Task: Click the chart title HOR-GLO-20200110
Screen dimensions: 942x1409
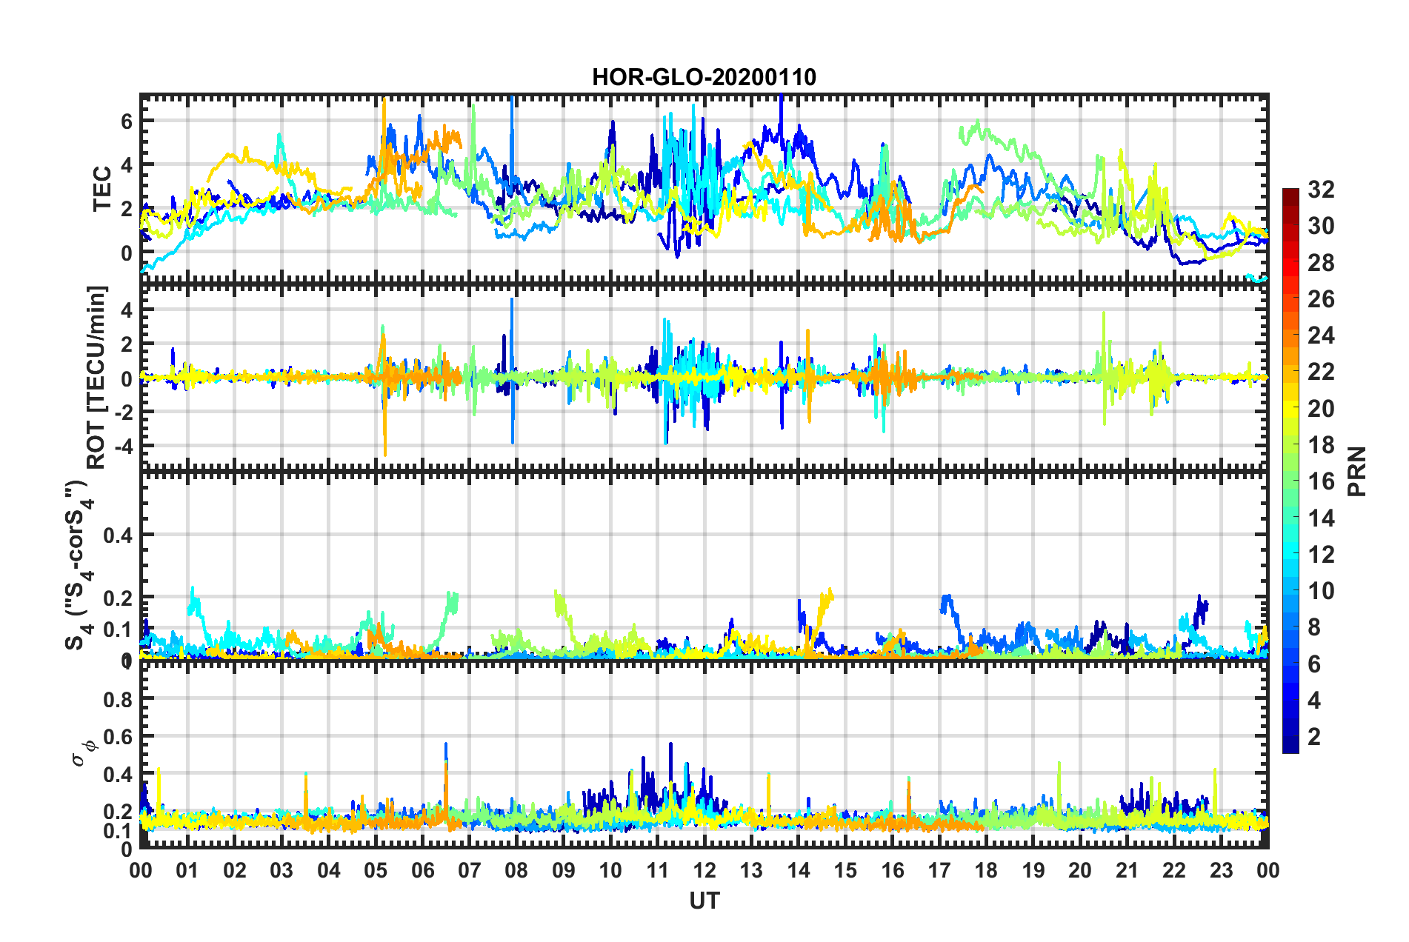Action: click(704, 77)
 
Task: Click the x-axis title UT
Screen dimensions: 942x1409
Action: click(704, 901)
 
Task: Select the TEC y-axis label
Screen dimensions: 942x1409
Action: click(102, 189)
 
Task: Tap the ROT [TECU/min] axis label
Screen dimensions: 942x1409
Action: click(97, 377)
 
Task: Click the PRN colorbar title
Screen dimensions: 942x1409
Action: click(1357, 471)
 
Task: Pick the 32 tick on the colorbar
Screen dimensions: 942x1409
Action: click(1321, 190)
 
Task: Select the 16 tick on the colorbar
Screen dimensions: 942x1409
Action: click(1321, 481)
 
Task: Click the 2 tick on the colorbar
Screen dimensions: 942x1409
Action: click(1315, 736)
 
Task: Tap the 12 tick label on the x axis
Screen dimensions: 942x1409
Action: click(704, 870)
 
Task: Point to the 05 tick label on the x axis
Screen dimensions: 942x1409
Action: click(376, 870)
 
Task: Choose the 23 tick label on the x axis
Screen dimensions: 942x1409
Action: click(1222, 870)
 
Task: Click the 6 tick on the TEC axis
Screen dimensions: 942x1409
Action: click(127, 121)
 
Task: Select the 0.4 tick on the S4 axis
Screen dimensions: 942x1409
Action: click(118, 535)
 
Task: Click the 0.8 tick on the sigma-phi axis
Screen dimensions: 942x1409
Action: click(118, 699)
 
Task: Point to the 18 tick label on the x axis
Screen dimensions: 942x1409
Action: click(987, 870)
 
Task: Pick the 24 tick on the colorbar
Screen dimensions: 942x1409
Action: click(1321, 335)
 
